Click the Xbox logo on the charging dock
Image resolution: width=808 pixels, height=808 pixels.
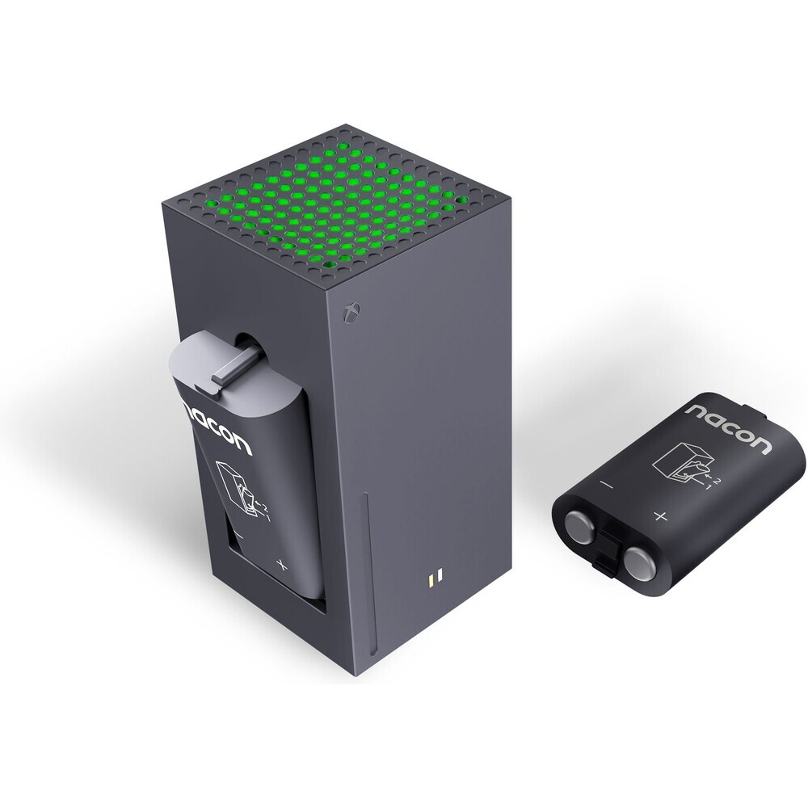tap(353, 311)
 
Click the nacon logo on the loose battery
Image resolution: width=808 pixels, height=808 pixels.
tap(730, 423)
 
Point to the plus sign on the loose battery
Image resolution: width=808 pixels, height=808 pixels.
tap(661, 516)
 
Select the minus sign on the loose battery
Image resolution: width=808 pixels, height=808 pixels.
tap(607, 485)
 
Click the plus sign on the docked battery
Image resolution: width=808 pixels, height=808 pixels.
tap(281, 565)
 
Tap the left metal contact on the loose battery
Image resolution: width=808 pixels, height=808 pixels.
tap(582, 527)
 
